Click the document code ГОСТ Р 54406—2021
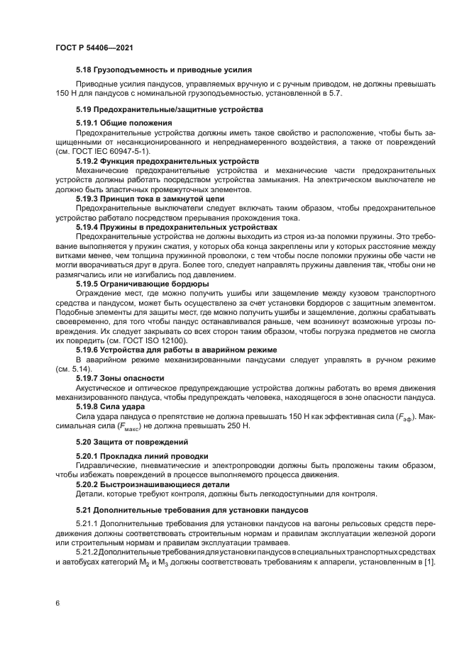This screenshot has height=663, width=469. pyautogui.click(x=94, y=48)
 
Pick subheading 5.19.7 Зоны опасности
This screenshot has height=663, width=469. pyautogui.click(x=120, y=379)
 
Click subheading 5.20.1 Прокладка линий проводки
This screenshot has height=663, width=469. pyautogui.click(x=142, y=455)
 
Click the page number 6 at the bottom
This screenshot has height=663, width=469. pyautogui.click(x=57, y=603)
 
